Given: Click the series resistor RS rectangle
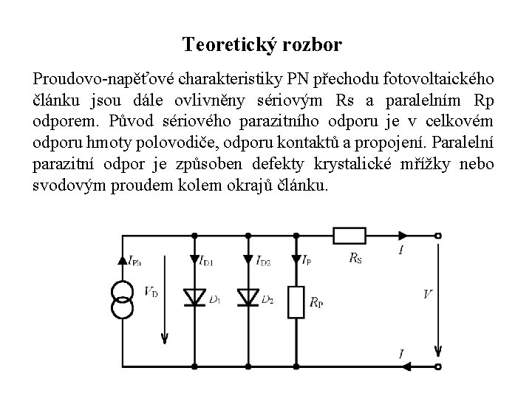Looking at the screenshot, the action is click(x=350, y=236).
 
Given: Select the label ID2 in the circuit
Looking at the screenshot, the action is click(x=262, y=260).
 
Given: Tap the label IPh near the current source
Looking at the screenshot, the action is click(x=137, y=260).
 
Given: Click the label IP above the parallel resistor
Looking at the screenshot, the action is click(x=307, y=260).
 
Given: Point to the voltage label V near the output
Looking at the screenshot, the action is click(x=428, y=294).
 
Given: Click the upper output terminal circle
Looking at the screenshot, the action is click(x=439, y=236).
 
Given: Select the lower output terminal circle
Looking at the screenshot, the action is click(x=439, y=365).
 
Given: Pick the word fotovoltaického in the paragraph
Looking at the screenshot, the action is click(x=443, y=79).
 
